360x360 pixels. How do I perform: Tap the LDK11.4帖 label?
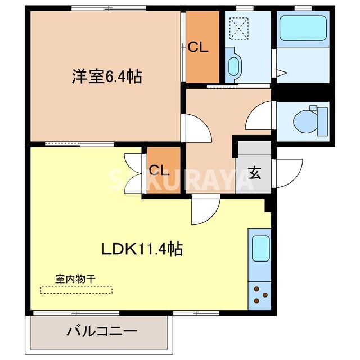coord(142,249)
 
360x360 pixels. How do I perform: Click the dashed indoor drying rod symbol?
coord(76,290)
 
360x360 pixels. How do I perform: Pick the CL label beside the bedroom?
coord(198,48)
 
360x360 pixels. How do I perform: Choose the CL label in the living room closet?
coord(159,170)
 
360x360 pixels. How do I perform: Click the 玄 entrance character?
coord(255,173)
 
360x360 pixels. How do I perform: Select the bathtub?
coord(303,28)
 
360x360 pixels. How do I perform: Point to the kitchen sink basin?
coord(260,249)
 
